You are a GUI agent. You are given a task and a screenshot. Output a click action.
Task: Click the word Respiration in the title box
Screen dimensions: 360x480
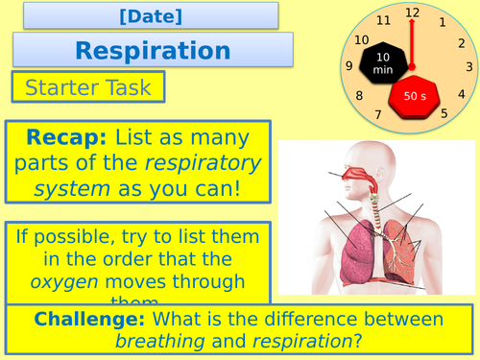coord(153,49)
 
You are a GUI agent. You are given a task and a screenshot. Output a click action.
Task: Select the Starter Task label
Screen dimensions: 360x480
coord(88,88)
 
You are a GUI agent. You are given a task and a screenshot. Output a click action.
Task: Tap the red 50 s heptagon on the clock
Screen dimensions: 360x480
coord(415,97)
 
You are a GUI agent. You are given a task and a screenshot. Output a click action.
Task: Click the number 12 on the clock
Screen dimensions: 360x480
coord(413,12)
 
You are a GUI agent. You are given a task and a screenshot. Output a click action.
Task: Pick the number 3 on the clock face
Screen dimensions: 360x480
coord(469,66)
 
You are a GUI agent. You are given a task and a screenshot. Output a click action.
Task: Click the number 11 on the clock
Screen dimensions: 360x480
coord(384,20)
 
